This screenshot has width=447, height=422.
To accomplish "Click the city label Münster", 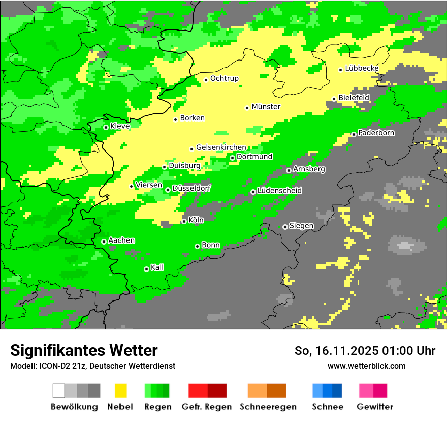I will [x=266, y=107].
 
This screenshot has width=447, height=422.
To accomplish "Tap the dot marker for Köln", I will [x=184, y=221].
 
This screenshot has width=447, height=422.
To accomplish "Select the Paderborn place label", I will [x=376, y=133].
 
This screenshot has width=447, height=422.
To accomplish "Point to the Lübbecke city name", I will [x=362, y=69].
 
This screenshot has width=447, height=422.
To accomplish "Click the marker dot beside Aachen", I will [x=104, y=242].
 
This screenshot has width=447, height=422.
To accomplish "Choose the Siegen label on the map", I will [x=302, y=226].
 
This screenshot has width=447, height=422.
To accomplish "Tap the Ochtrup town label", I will [x=225, y=79].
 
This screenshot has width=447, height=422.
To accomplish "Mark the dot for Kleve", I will [x=106, y=127].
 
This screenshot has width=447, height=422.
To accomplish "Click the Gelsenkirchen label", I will [x=221, y=148].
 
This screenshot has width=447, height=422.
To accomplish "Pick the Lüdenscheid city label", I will [x=280, y=191].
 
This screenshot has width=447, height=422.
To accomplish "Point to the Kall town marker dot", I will [x=146, y=269].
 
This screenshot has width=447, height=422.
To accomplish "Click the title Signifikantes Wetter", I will [x=84, y=350].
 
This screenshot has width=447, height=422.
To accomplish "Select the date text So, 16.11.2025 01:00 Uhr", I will [x=365, y=351].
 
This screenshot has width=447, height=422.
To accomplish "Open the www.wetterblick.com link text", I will [x=366, y=366].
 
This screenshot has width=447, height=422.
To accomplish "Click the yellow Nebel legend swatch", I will [x=120, y=390].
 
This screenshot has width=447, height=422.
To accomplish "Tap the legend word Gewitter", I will [x=375, y=407].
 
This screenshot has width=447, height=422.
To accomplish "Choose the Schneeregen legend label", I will [x=268, y=407].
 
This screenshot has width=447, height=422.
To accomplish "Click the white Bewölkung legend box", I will [x=59, y=390].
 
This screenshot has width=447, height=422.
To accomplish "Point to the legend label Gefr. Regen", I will [x=207, y=407].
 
